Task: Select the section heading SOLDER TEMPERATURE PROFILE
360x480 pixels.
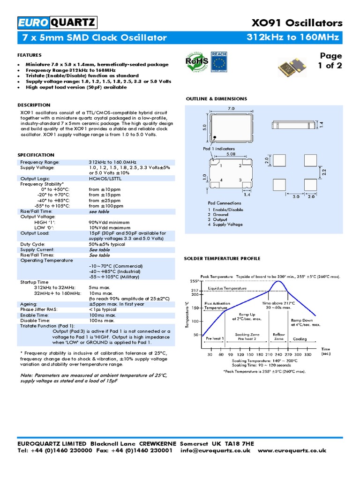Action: tap(222, 258)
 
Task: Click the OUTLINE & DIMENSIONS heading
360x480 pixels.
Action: tap(216, 99)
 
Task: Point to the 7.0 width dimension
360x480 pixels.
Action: tap(231, 108)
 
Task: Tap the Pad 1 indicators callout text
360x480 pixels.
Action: tap(219, 148)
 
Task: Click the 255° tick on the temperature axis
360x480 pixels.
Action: tap(194, 281)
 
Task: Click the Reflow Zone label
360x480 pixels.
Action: tap(278, 337)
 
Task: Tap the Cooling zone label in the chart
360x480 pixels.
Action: tap(300, 338)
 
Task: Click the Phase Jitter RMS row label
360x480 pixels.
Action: tap(39, 309)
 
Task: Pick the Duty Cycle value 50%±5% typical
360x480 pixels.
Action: tap(107, 244)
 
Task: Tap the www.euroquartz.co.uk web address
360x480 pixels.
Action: tap(292, 450)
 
